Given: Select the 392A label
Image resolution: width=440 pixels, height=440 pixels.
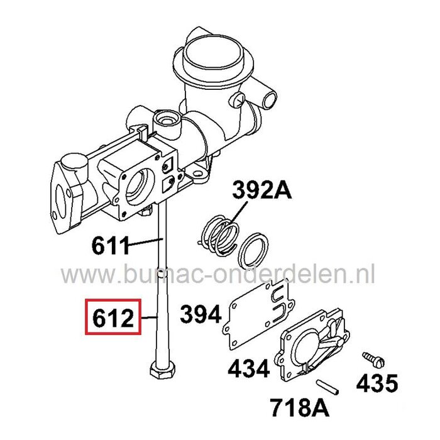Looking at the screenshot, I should pyautogui.click(x=263, y=189).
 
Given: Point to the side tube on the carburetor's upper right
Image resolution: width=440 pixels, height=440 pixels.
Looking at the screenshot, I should pyautogui.click(x=268, y=96).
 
